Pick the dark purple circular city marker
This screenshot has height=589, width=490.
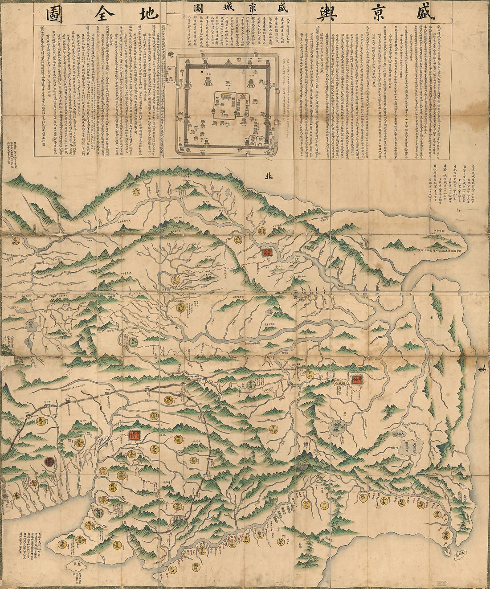[x=49, y=462]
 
